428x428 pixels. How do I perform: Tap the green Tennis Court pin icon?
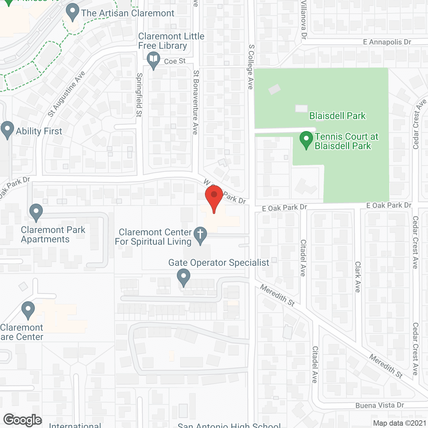click(x=306, y=140)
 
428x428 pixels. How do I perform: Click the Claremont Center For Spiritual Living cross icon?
click(x=200, y=235)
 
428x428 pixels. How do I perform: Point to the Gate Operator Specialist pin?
click(x=183, y=278)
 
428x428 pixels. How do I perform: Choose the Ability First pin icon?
click(x=7, y=130)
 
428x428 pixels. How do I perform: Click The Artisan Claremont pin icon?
click(x=72, y=12)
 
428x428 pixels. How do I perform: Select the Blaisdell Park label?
click(x=337, y=116)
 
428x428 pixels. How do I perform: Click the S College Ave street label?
click(x=251, y=67)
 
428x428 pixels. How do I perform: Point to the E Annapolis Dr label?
click(x=387, y=42)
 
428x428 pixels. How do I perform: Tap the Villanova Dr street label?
click(x=304, y=20)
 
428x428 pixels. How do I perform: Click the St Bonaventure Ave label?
click(x=196, y=102)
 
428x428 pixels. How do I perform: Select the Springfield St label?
click(x=139, y=95)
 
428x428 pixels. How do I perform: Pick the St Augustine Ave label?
click(x=66, y=94)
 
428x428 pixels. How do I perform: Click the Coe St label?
click(x=175, y=61)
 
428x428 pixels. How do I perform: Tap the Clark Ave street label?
click(x=358, y=277)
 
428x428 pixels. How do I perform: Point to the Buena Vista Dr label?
click(x=380, y=406)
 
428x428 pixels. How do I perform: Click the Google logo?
click(x=23, y=420)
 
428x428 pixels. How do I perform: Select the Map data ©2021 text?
click(x=400, y=423)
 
